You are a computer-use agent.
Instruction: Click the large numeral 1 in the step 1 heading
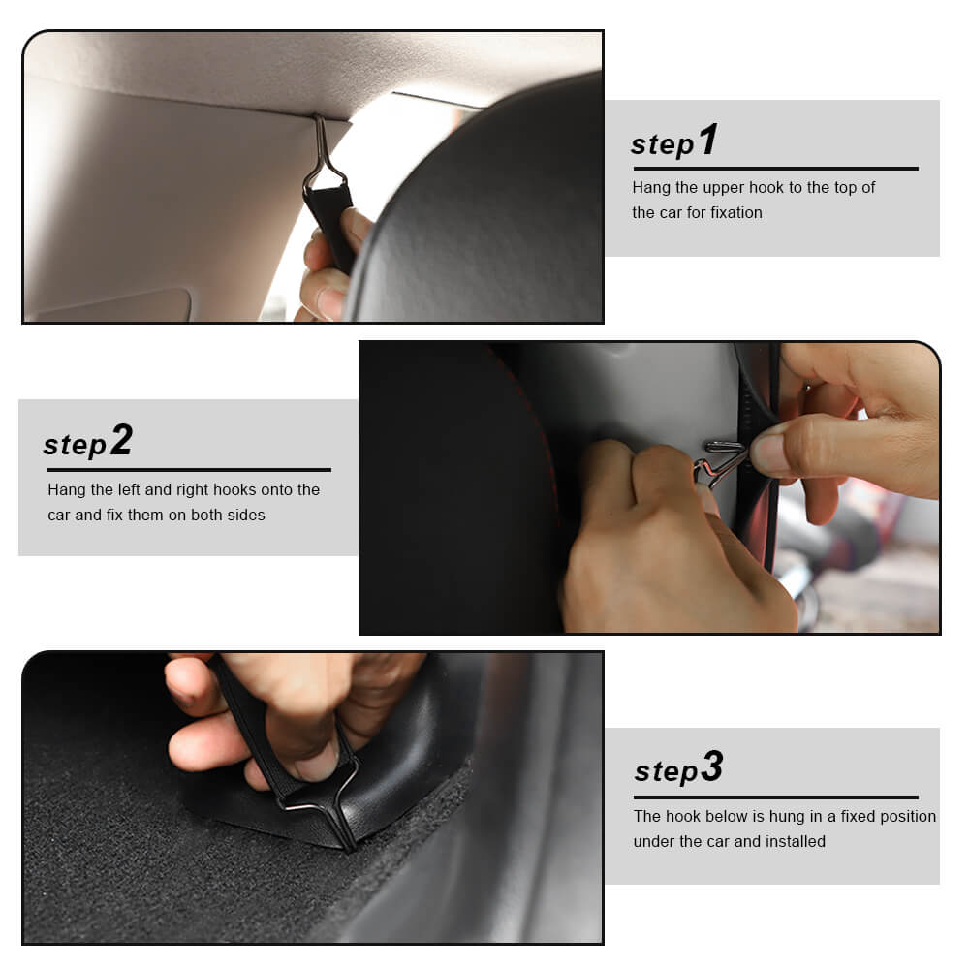click(x=708, y=140)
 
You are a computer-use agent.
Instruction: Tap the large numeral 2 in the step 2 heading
click(x=122, y=439)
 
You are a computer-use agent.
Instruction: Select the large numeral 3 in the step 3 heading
click(x=712, y=766)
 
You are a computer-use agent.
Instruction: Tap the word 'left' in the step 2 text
click(x=129, y=489)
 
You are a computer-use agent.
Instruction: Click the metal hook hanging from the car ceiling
click(x=324, y=154)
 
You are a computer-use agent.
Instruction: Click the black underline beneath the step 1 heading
click(x=775, y=168)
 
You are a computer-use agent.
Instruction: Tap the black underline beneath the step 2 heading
click(x=189, y=470)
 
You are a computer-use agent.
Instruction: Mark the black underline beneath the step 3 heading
click(x=776, y=797)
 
